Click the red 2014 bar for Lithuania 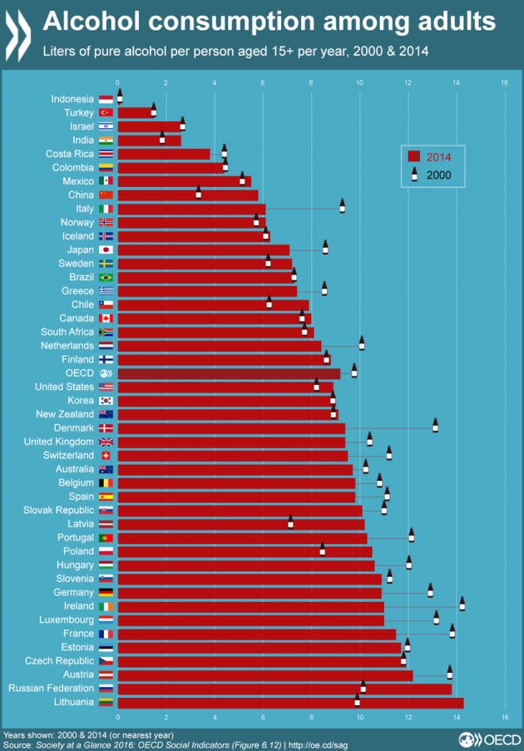290,703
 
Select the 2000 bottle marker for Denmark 435,425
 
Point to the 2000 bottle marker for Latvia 290,521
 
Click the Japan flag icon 106,250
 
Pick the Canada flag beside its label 106,318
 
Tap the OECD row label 80,373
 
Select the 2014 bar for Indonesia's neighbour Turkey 136,112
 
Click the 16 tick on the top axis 504,82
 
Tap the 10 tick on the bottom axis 360,716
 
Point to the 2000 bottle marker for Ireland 462,604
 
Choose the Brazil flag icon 106,277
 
